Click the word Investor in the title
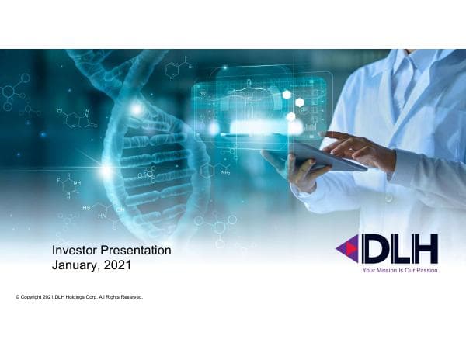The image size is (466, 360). (x=74, y=251)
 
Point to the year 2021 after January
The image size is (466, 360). (x=121, y=265)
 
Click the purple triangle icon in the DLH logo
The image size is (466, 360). (x=347, y=249)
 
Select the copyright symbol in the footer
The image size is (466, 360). (x=17, y=297)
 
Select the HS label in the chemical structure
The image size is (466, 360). (x=86, y=208)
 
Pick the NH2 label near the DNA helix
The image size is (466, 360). (x=224, y=173)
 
